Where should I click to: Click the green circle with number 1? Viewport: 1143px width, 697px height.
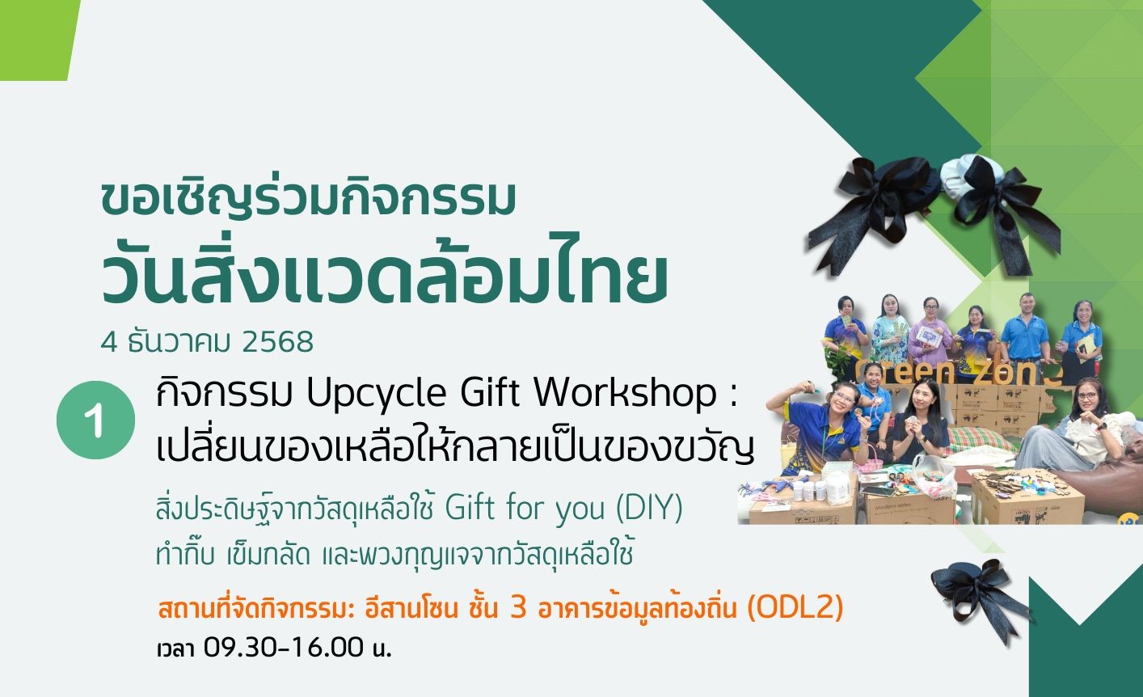pyautogui.click(x=95, y=420)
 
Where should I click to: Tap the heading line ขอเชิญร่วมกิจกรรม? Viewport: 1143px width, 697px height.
pyautogui.click(x=309, y=199)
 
